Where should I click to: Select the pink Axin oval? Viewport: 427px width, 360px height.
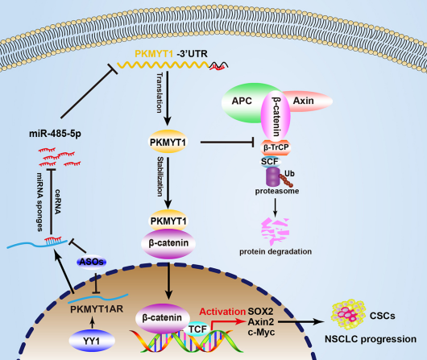[x=309, y=101]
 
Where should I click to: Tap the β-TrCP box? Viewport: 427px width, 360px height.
[x=276, y=147]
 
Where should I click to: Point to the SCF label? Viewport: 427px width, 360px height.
[x=270, y=162]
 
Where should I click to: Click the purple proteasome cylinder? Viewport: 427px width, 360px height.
[x=273, y=177]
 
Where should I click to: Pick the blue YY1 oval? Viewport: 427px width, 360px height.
[x=92, y=341]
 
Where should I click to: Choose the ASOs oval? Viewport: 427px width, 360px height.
[x=92, y=262]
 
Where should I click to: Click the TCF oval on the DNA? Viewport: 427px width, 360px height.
[x=197, y=329]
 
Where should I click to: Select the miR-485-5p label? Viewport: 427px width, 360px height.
[x=55, y=134]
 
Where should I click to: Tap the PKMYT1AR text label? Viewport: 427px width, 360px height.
[x=97, y=309]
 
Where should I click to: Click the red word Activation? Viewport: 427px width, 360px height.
[x=222, y=312]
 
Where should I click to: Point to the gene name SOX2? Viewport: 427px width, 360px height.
[x=260, y=312]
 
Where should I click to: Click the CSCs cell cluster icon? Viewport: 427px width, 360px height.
[x=348, y=315]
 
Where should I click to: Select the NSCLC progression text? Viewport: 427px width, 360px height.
[x=371, y=339]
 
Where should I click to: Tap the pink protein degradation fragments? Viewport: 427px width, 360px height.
[x=275, y=231]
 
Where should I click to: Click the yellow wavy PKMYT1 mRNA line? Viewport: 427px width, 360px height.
[x=164, y=64]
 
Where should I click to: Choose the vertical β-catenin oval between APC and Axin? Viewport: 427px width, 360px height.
[x=276, y=116]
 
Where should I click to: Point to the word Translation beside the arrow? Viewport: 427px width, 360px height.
[x=160, y=93]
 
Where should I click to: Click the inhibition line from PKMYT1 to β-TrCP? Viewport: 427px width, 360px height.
[x=227, y=142]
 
